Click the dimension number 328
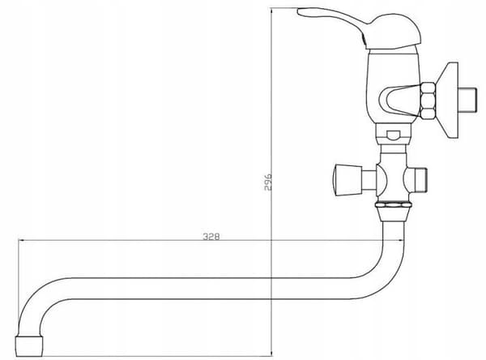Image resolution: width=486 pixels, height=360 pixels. click(211, 237)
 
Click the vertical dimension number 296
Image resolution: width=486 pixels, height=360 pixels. click(268, 182)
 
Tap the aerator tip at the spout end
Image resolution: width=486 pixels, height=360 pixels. click(29, 345)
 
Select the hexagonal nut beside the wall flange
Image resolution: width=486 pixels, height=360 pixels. click(428, 100)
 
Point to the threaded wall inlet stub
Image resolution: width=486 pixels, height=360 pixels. click(467, 101)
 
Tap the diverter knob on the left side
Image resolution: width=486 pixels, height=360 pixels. click(347, 180)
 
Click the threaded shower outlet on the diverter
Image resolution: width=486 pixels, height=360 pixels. click(420, 180)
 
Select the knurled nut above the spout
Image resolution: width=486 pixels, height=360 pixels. click(394, 205)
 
